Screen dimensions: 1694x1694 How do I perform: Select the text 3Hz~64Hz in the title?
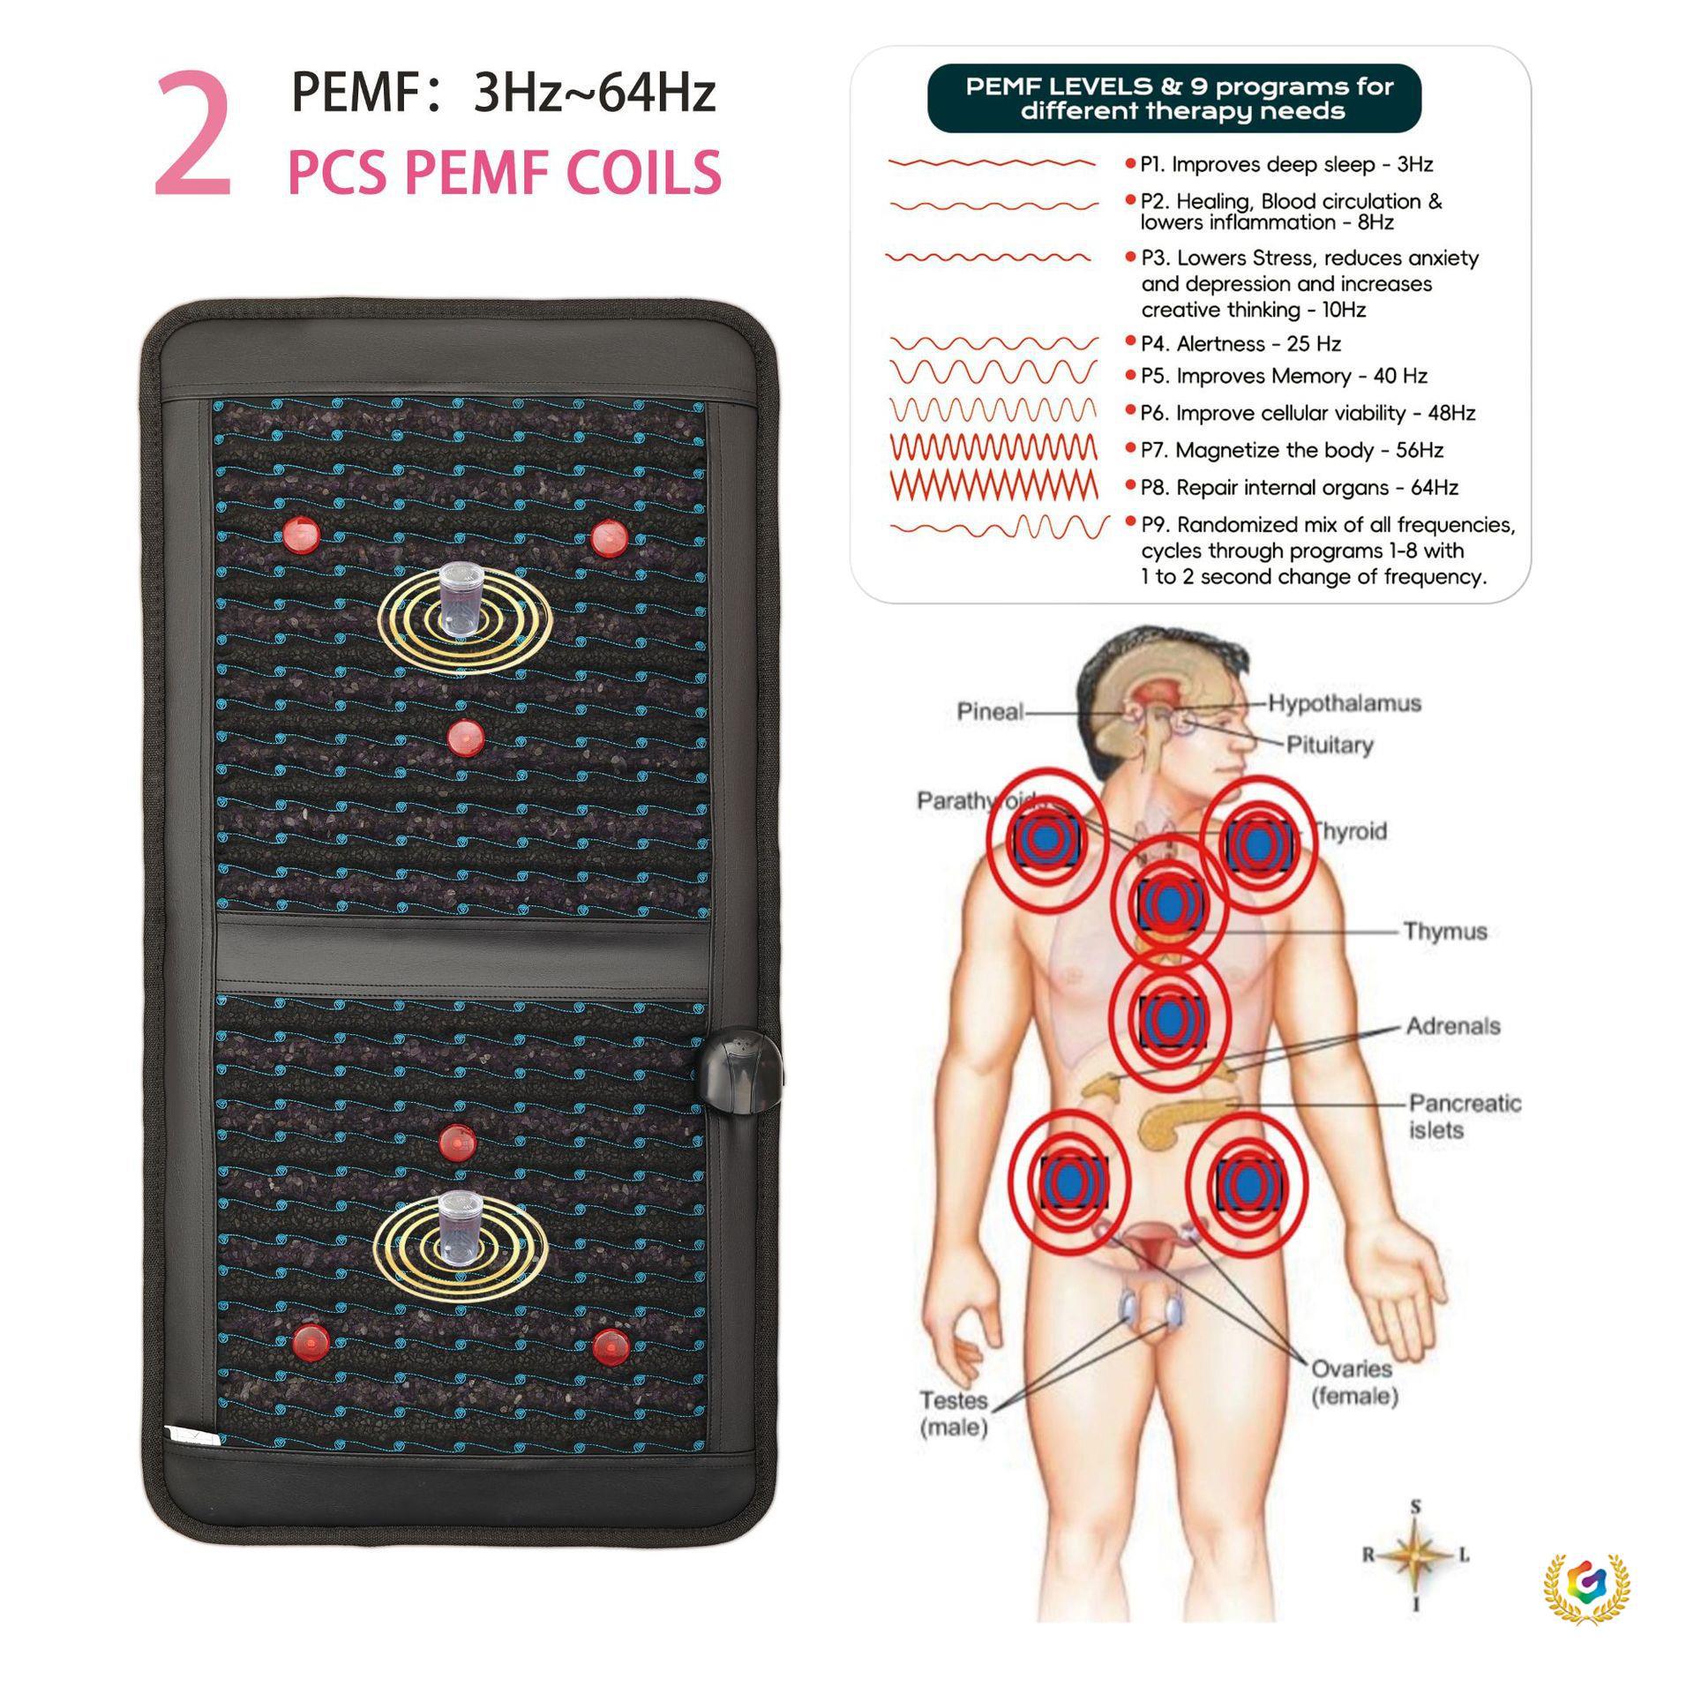pyautogui.click(x=594, y=94)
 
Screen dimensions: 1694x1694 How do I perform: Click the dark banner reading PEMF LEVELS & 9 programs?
pyautogui.click(x=1173, y=99)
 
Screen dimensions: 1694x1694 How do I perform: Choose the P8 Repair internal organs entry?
pyautogui.click(x=1299, y=487)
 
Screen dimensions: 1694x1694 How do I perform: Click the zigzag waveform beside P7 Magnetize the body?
pyautogui.click(x=993, y=449)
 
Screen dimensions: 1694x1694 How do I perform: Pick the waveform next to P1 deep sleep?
pyautogui.click(x=992, y=164)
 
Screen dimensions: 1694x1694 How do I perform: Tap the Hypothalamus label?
pyautogui.click(x=1345, y=703)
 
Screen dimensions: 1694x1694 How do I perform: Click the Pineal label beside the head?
pyautogui.click(x=990, y=711)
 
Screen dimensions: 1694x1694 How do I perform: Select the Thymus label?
pyautogui.click(x=1444, y=932)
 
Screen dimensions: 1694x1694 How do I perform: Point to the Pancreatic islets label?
pyautogui.click(x=1464, y=1116)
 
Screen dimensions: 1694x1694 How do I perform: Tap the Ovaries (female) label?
pyautogui.click(x=1353, y=1382)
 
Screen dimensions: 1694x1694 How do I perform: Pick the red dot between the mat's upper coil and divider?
pyautogui.click(x=464, y=738)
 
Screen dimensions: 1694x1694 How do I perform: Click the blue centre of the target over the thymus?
pyautogui.click(x=1168, y=902)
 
